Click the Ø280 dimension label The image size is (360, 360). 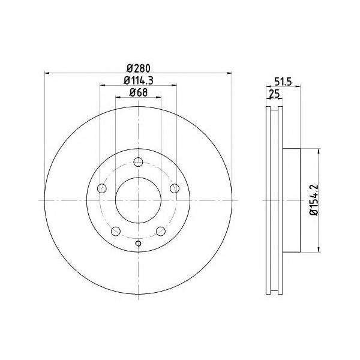click(x=139, y=68)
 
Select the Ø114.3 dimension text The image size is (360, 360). click(x=139, y=80)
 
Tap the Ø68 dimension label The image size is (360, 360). click(x=139, y=92)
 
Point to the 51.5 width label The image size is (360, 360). click(x=283, y=82)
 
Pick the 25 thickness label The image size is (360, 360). click(x=274, y=94)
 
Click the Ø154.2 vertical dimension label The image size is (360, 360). click(x=314, y=200)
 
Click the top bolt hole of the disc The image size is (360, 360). click(x=138, y=162)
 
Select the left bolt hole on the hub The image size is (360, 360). click(x=102, y=188)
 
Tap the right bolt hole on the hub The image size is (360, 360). click(x=175, y=188)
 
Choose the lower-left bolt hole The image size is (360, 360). click(x=116, y=231)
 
